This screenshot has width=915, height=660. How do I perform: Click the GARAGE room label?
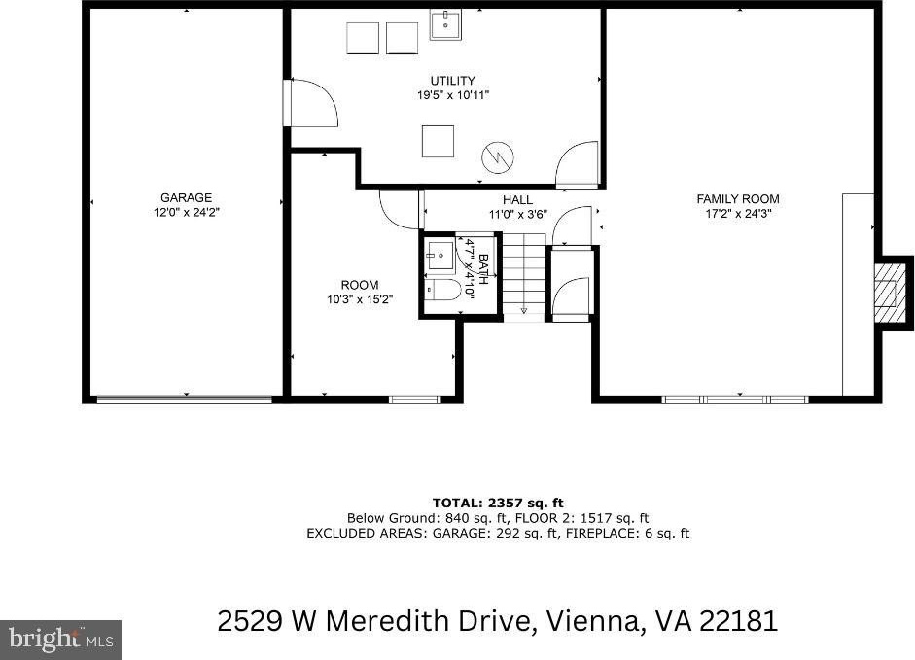[x=186, y=198]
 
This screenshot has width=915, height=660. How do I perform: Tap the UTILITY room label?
[x=453, y=81]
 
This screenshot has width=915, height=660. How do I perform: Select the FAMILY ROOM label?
[x=738, y=199]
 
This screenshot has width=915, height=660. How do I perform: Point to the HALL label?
[x=517, y=200]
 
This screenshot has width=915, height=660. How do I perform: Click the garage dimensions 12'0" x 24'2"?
[x=186, y=213]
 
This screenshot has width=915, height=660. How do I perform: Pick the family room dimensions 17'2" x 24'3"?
[x=738, y=214]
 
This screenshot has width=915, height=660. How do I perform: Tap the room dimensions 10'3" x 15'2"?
[x=360, y=300]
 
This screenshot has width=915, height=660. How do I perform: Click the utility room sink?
[x=445, y=24]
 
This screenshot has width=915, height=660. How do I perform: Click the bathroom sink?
[x=439, y=256]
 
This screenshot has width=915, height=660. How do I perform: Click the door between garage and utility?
[x=311, y=103]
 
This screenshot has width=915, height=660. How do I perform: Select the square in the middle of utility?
[x=438, y=141]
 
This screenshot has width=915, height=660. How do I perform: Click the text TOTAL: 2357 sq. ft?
[x=498, y=504]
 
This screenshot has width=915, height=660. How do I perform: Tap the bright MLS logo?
[x=60, y=640]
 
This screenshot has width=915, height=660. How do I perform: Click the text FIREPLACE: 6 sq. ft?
[x=628, y=533]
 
